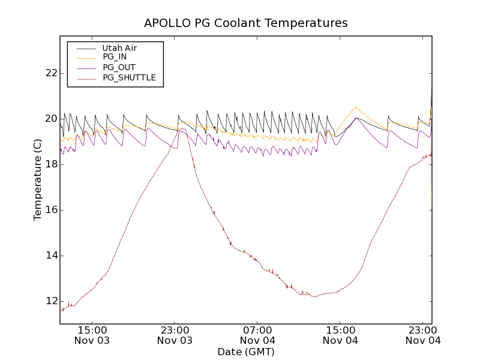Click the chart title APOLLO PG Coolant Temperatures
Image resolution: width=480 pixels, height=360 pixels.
pyautogui.click(x=245, y=23)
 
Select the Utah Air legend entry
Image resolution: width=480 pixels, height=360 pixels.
pyautogui.click(x=119, y=48)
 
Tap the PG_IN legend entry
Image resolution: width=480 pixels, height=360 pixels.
pyautogui.click(x=115, y=57)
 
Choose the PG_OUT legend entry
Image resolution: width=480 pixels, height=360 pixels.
pyautogui.click(x=119, y=67)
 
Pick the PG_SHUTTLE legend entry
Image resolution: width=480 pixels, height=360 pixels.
pyautogui.click(x=129, y=77)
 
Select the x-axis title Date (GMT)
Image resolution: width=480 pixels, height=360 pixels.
pyautogui.click(x=245, y=352)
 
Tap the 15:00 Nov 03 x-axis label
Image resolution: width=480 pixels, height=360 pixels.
pyautogui.click(x=92, y=335)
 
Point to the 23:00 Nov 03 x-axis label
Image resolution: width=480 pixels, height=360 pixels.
pyautogui.click(x=175, y=335)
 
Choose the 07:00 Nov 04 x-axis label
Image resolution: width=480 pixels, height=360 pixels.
pyautogui.click(x=257, y=335)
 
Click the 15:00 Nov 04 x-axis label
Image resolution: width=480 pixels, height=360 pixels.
pyautogui.click(x=340, y=335)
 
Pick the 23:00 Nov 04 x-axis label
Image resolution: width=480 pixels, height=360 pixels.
pyautogui.click(x=423, y=335)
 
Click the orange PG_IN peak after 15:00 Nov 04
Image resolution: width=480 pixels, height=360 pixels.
pyautogui.click(x=356, y=107)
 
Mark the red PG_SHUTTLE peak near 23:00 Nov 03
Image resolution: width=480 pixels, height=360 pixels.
pyautogui.click(x=181, y=128)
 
